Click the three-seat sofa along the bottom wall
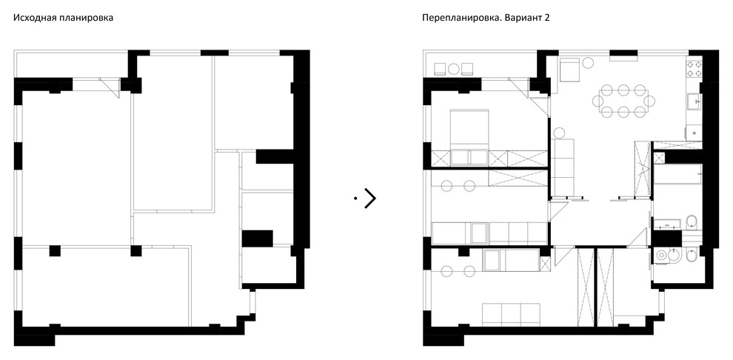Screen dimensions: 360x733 tap(511, 313)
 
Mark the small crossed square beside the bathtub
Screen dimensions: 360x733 tap(658, 157)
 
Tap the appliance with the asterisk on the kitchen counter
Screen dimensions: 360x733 tap(694, 133)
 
